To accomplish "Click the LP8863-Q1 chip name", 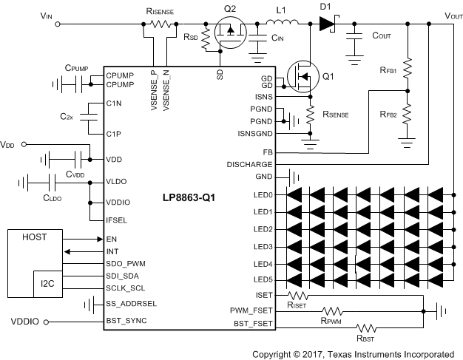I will (191, 198).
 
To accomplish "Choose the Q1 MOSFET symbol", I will (300, 74).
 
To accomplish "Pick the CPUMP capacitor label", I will (76, 68).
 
